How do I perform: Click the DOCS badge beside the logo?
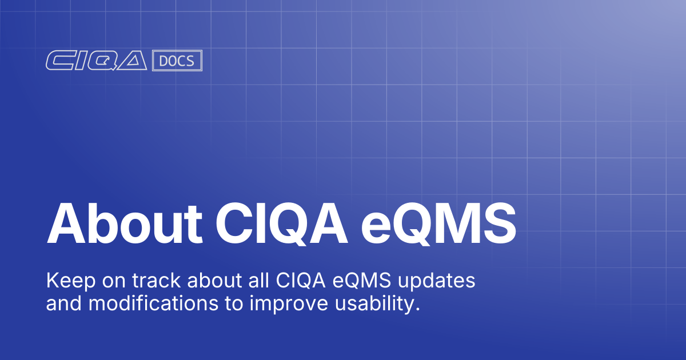pyautogui.click(x=177, y=61)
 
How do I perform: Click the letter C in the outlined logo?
pyautogui.click(x=60, y=61)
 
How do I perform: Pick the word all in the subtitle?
pyautogui.click(x=253, y=282)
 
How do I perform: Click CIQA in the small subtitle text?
pyautogui.click(x=297, y=282)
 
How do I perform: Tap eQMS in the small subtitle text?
pyautogui.click(x=360, y=282)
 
